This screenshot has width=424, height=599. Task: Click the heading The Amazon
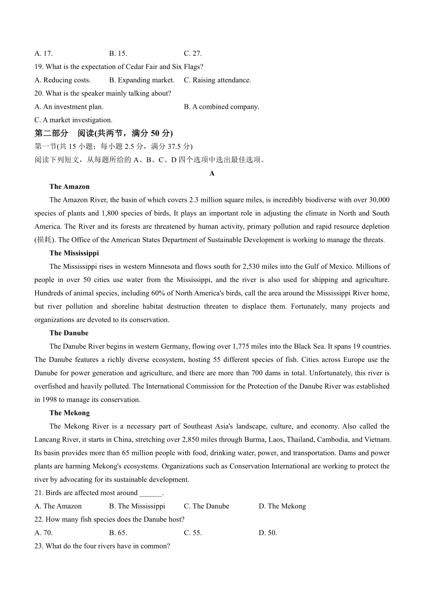pos(69,187)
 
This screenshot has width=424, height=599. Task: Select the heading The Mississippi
pos(74,253)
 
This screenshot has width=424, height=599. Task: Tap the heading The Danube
pos(69,333)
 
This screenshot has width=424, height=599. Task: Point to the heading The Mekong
pos(69,413)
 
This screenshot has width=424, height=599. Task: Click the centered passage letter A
pos(212,173)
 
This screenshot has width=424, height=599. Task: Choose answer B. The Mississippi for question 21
pos(137,506)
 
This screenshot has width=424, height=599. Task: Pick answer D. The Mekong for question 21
pos(282,506)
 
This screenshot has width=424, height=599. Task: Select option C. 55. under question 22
pos(193,533)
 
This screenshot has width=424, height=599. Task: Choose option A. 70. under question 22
pos(43,533)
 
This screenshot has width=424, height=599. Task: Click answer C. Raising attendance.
pos(217,80)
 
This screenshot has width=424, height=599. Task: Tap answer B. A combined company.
pos(221,107)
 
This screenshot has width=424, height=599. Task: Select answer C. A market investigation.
pos(73,120)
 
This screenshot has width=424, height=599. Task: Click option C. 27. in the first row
pos(193,53)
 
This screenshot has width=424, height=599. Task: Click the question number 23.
pos(38,546)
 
